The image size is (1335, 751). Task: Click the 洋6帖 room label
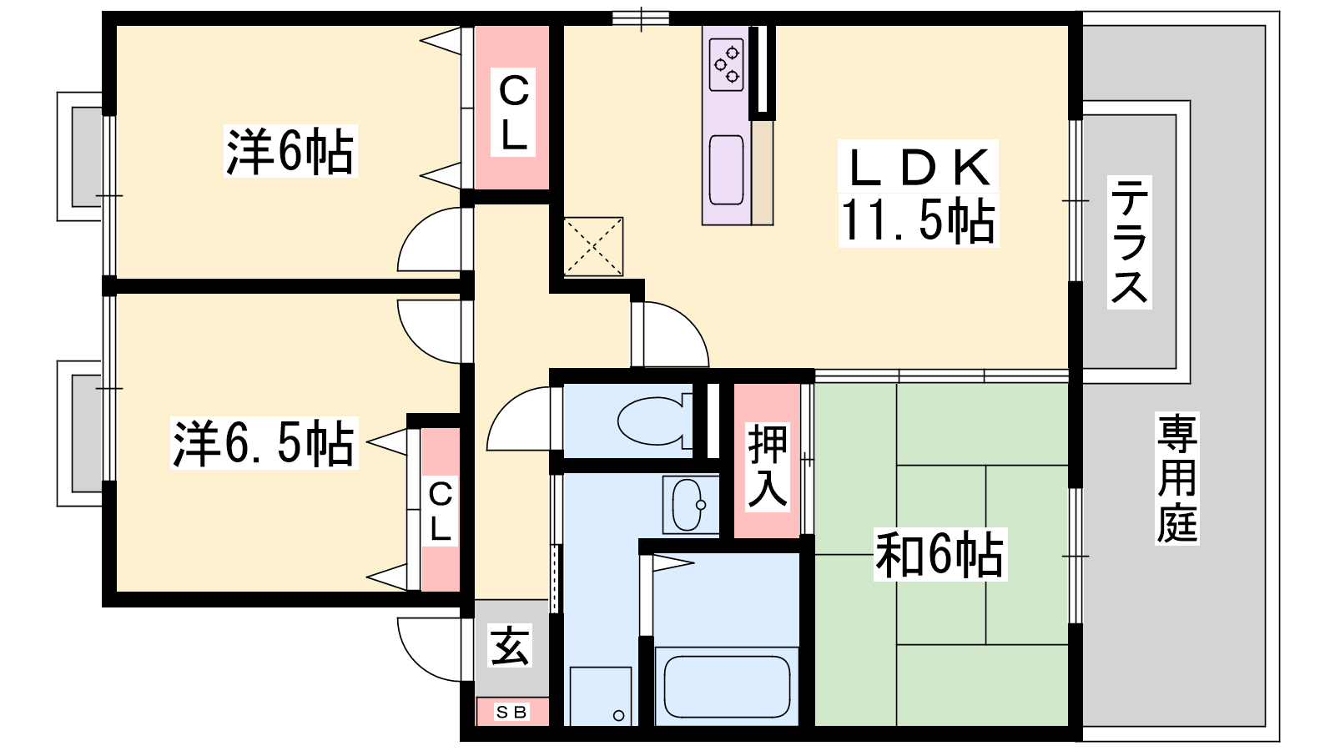tap(290, 151)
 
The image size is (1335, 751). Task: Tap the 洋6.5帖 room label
tap(264, 443)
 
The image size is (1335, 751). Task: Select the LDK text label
tap(918, 168)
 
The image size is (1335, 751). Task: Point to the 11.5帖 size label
tap(918, 220)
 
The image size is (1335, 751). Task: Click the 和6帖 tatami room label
tap(940, 554)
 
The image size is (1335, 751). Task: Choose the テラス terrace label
tap(1130, 242)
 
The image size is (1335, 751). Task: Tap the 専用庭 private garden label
tap(1177, 478)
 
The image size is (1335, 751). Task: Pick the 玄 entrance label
tap(510, 646)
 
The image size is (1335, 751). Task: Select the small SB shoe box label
tap(511, 712)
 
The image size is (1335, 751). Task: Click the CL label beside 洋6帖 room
tap(513, 113)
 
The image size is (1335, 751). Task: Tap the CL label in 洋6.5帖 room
tap(441, 512)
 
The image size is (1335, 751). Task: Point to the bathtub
tap(727, 687)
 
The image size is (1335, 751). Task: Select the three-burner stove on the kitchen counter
tap(727, 64)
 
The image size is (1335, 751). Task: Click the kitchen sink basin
tap(727, 170)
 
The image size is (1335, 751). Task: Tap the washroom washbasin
tap(689, 505)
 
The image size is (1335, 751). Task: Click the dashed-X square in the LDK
tap(593, 246)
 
